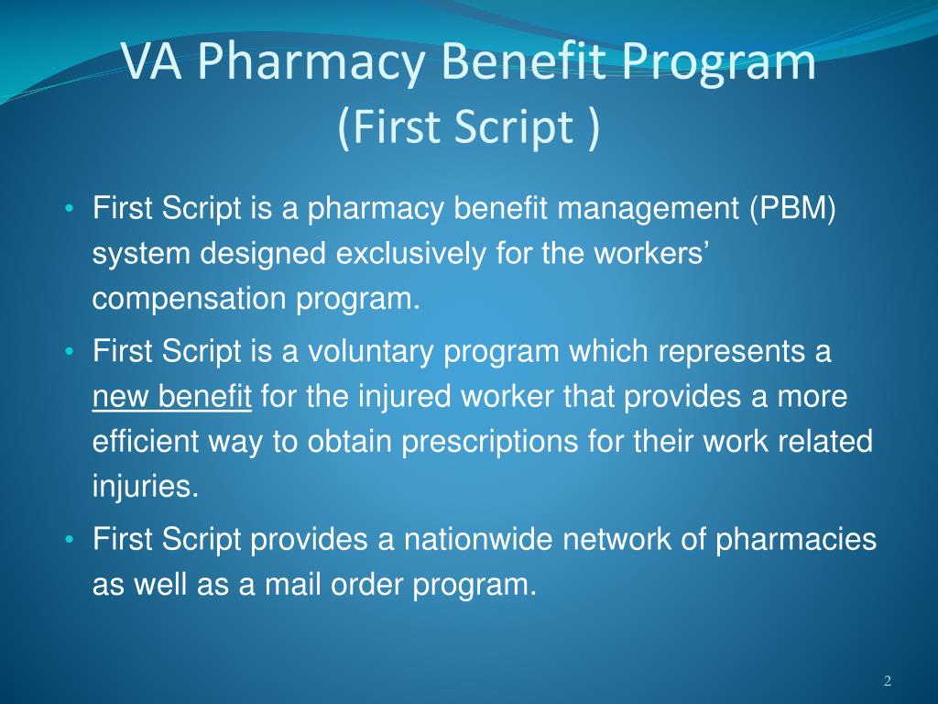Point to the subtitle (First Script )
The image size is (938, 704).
tap(469, 126)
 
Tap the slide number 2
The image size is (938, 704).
tap(888, 680)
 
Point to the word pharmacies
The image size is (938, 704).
tap(795, 541)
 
